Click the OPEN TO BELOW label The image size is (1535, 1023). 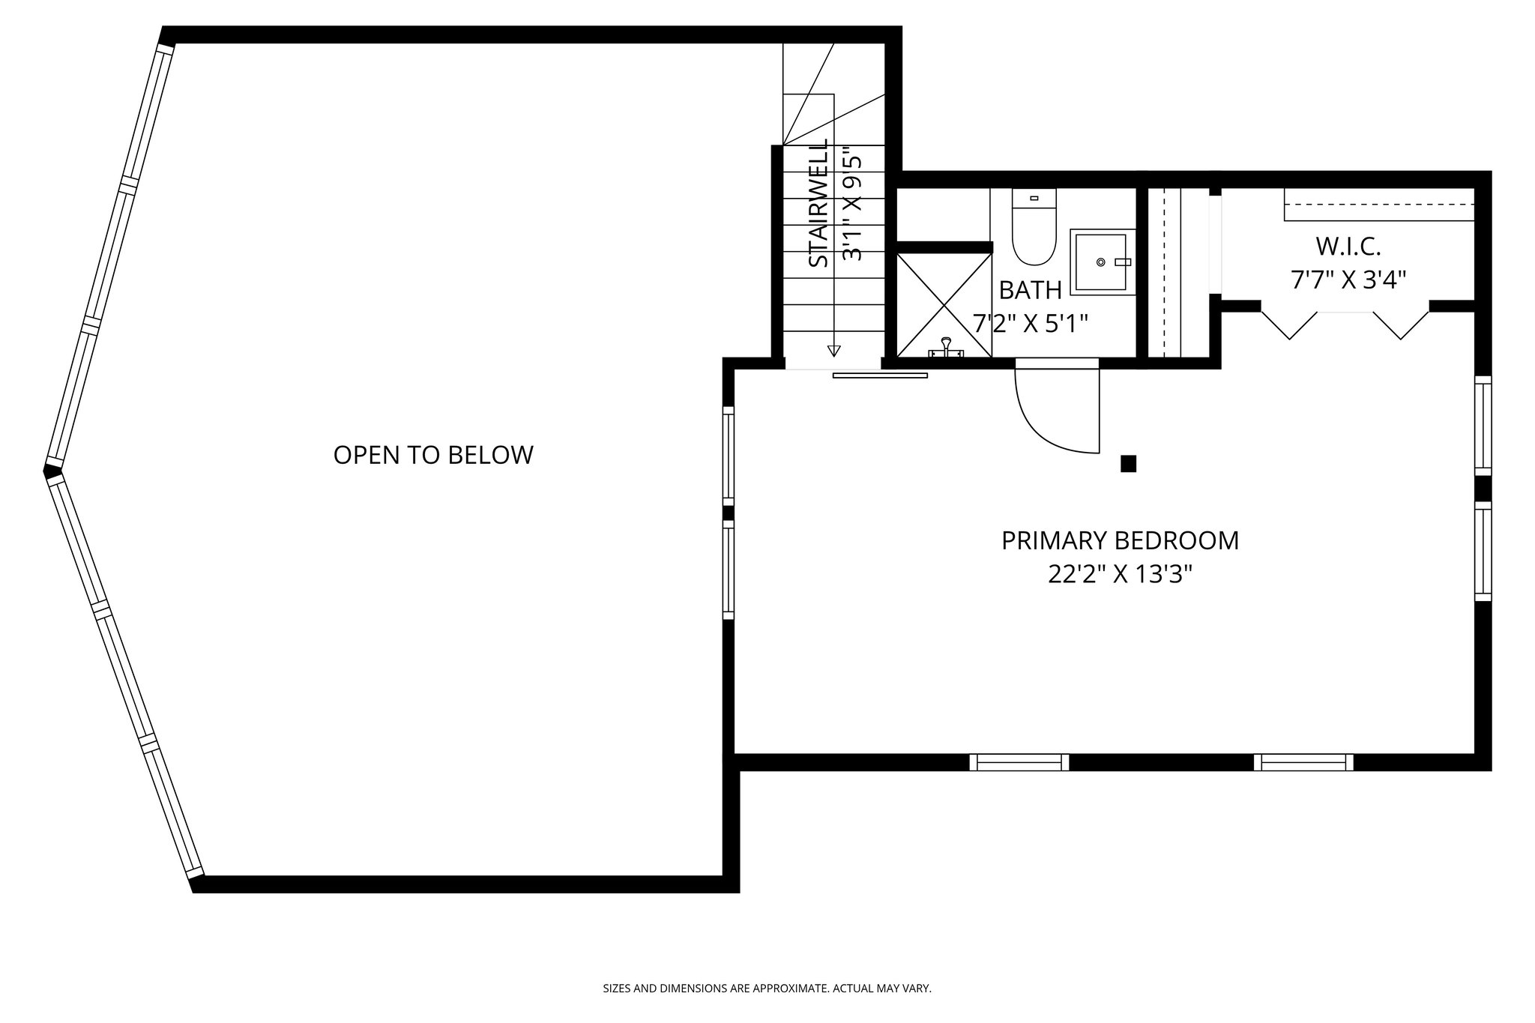pos(433,455)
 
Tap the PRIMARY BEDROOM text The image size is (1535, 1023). pos(1120,540)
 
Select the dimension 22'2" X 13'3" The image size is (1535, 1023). pos(1120,575)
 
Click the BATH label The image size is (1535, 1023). pos(1030,290)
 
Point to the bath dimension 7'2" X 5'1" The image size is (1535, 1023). pos(1030,324)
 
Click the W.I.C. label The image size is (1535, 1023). pos(1348,246)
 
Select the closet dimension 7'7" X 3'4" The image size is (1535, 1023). pos(1348,280)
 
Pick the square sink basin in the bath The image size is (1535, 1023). pos(1100,262)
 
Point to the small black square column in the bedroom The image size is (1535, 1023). pos(1128,464)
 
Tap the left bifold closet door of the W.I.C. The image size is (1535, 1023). pos(1289,325)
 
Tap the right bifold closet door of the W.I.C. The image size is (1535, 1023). pos(1402,325)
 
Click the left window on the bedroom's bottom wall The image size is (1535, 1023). pos(1019,762)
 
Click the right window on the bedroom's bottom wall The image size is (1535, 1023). pos(1303,762)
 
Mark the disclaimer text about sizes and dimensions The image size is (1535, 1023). pos(767,989)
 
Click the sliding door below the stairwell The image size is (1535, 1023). pos(879,375)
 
